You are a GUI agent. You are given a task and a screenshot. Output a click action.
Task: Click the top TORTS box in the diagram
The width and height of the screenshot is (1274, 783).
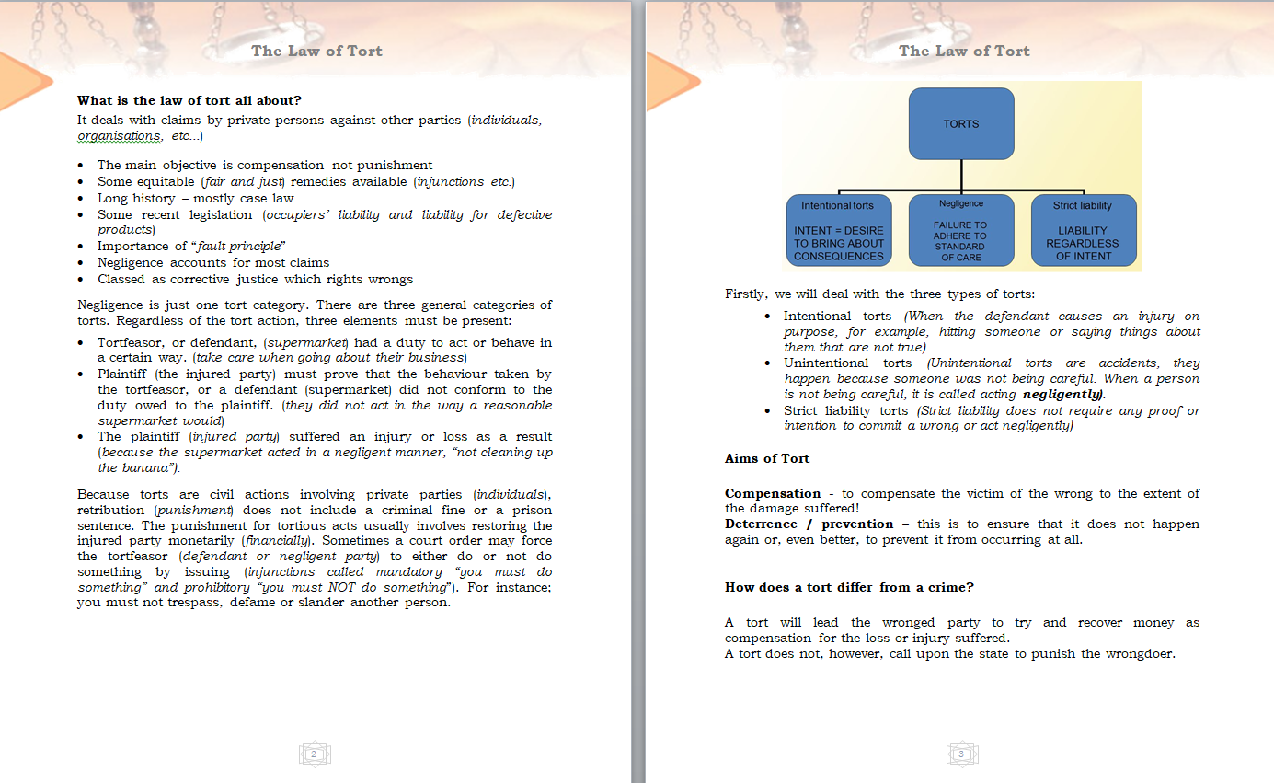pyautogui.click(x=961, y=123)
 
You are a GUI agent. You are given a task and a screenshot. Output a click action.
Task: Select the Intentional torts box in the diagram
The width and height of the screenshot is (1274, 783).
pyautogui.click(x=838, y=230)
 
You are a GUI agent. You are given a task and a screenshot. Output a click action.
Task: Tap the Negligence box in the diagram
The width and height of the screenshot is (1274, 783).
pyautogui.click(x=960, y=230)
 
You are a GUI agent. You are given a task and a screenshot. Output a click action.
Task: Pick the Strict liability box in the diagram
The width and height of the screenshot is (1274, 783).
pyautogui.click(x=1083, y=230)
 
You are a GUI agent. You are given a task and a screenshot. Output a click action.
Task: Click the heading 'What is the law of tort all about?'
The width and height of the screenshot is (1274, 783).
pyautogui.click(x=189, y=100)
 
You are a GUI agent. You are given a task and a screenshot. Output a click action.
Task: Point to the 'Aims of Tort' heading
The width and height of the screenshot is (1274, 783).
pyautogui.click(x=766, y=458)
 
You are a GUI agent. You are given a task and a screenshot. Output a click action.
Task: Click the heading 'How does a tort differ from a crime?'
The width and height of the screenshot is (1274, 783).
pyautogui.click(x=849, y=587)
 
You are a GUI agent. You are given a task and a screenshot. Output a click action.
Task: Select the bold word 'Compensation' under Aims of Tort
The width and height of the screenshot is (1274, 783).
pyautogui.click(x=772, y=493)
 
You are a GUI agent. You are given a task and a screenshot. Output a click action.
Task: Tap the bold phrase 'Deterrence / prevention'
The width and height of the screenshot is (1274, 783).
pyautogui.click(x=809, y=524)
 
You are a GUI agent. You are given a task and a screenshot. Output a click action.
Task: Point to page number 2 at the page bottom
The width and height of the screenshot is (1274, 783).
pyautogui.click(x=315, y=754)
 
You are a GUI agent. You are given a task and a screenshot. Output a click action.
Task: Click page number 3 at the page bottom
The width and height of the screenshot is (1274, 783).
pyautogui.click(x=961, y=754)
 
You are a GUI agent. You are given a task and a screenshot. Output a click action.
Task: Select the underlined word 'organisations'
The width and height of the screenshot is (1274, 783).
pyautogui.click(x=118, y=136)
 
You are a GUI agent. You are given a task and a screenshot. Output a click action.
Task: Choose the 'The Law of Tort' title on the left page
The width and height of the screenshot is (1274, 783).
pyautogui.click(x=316, y=51)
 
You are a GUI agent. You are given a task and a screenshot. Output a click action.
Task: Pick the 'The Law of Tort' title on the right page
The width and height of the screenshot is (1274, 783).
pyautogui.click(x=964, y=51)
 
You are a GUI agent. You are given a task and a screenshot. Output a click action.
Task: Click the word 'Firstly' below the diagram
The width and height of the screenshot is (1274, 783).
pyautogui.click(x=746, y=294)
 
